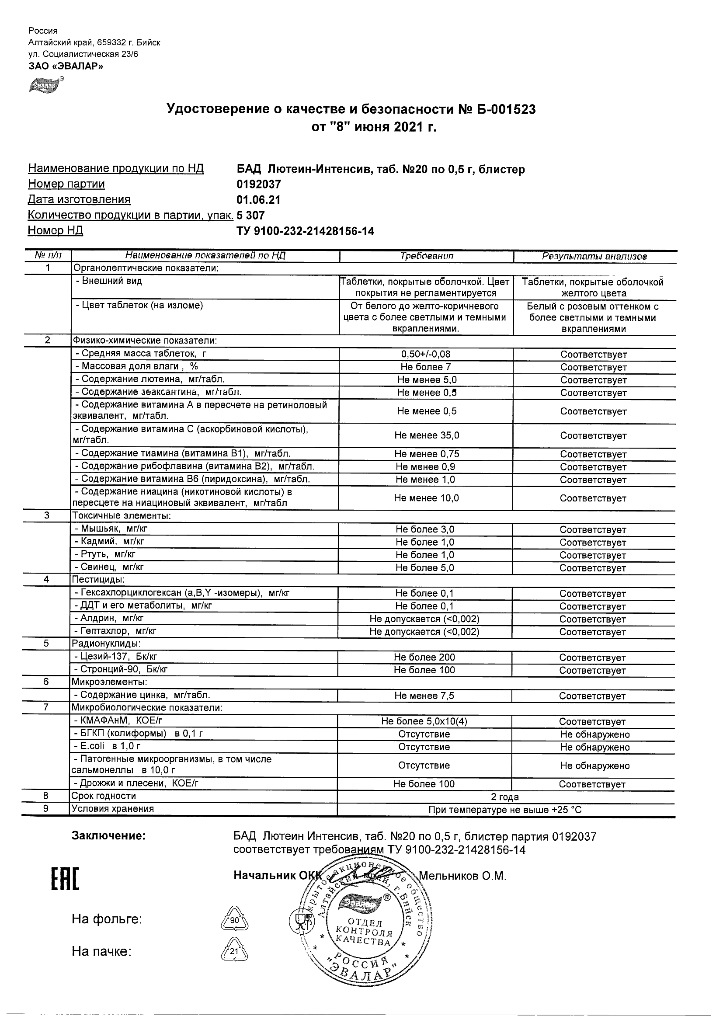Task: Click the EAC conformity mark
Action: tap(65, 880)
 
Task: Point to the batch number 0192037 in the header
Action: tap(259, 184)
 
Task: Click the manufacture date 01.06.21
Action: tap(258, 200)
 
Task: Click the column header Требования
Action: tap(426, 256)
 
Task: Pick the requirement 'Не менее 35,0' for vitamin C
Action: tap(426, 435)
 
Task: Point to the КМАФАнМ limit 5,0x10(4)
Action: tap(424, 721)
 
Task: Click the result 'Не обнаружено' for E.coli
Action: tap(594, 747)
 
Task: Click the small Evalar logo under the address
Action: tap(45, 85)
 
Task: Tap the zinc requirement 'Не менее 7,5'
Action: tap(424, 696)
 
